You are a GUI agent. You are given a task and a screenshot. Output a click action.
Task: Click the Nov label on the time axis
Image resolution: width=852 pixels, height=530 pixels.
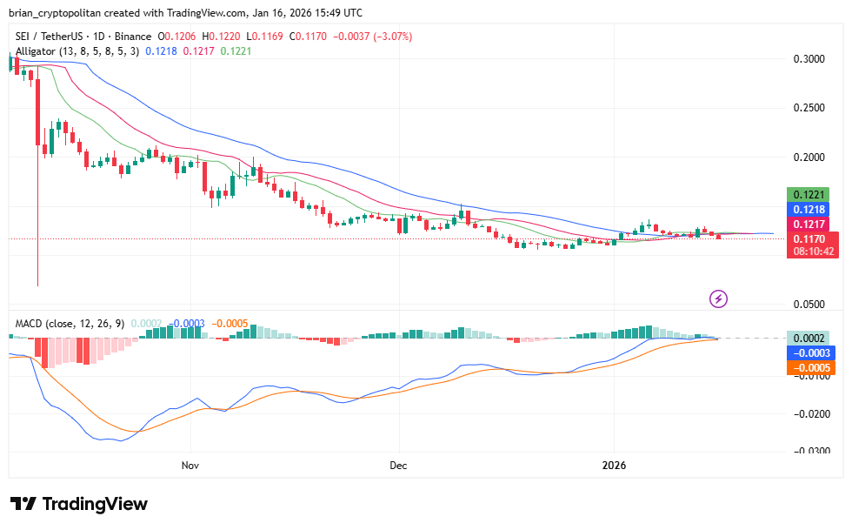point(190,466)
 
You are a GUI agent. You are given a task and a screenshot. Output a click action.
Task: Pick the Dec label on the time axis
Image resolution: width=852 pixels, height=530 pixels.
point(398,466)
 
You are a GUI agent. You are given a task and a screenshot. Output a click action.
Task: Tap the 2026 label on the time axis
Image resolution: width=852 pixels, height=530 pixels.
point(615,466)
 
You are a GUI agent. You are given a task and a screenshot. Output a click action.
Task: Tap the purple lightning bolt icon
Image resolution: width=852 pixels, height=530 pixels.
point(719,299)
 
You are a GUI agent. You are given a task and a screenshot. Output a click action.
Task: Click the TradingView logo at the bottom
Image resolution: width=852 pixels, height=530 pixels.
point(79,504)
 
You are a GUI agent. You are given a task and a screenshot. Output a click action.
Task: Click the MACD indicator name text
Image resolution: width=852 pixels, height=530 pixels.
point(30,324)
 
